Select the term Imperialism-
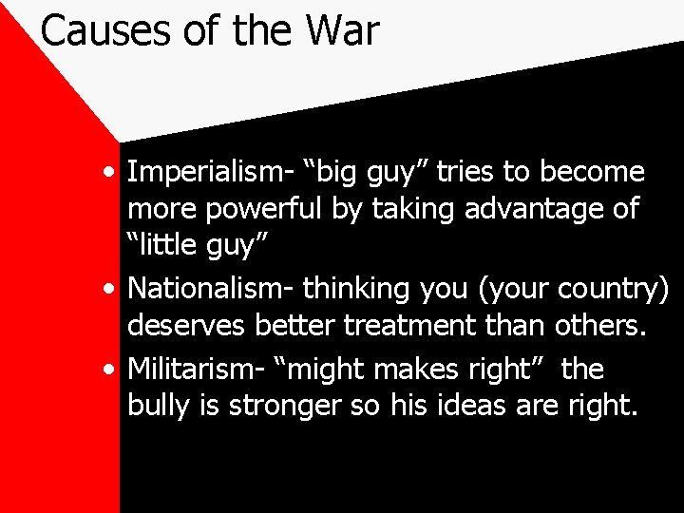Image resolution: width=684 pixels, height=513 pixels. (210, 173)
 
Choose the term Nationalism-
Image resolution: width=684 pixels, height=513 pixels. (211, 287)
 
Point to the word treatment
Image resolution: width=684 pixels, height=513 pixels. (411, 326)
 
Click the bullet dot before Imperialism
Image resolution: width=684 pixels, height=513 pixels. (113, 175)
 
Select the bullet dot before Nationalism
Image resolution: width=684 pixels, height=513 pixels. (113, 289)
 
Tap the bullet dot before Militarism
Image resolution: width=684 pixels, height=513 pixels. (113, 370)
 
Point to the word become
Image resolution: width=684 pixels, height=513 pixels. (593, 173)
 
